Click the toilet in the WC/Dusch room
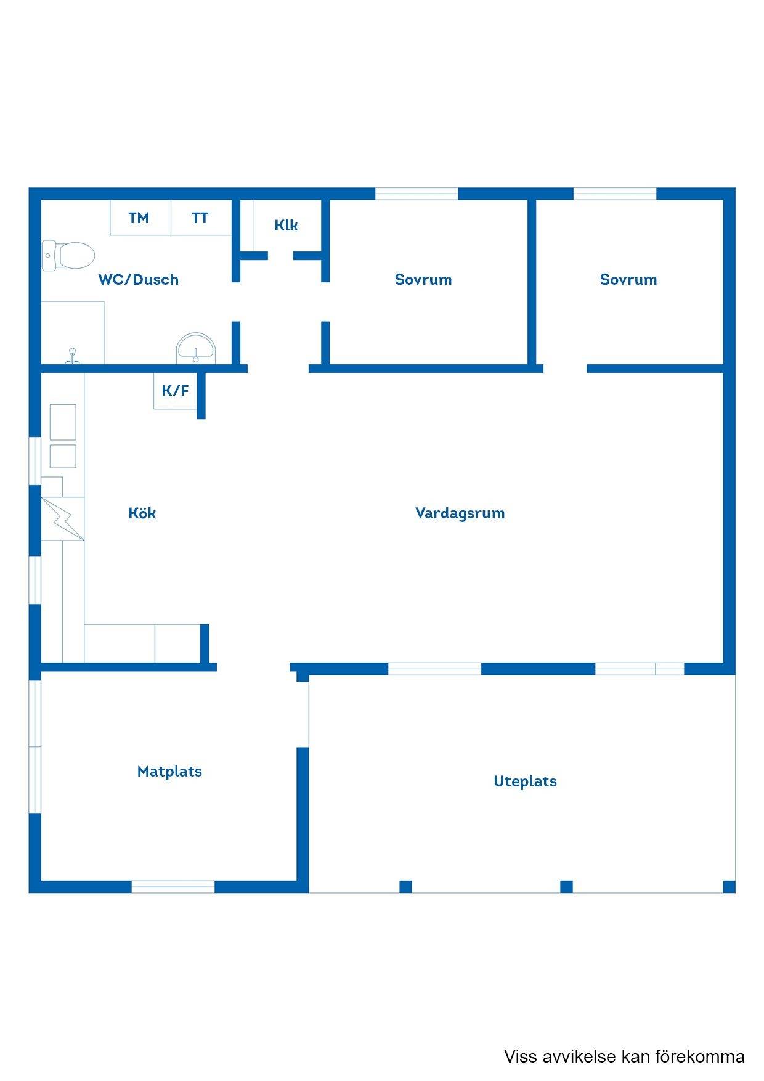click(x=68, y=255)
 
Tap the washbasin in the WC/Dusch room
click(x=197, y=348)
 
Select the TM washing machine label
click(x=139, y=218)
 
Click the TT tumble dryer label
click(x=200, y=218)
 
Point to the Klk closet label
click(x=286, y=225)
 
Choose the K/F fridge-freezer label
click(x=175, y=390)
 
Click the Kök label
click(x=142, y=513)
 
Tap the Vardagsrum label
click(x=460, y=513)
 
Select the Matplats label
click(x=169, y=772)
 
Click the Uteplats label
click(x=525, y=781)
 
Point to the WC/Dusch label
click(x=138, y=279)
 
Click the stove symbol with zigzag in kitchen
click(x=63, y=519)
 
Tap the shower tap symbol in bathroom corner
click(x=73, y=356)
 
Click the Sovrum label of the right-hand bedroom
click(x=628, y=279)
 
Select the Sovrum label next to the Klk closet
click(x=423, y=279)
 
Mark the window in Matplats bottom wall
click(x=173, y=887)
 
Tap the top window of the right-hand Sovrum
click(x=615, y=194)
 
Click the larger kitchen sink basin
click(x=63, y=422)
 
